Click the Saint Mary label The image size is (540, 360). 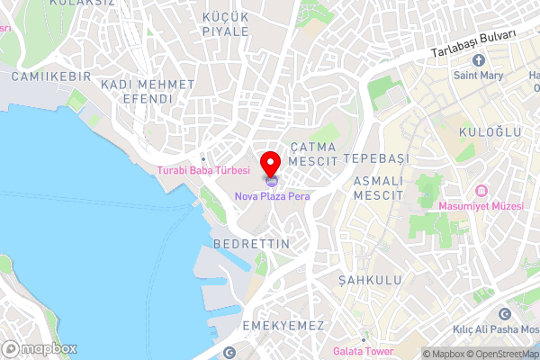[479, 76]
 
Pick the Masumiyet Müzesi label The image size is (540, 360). [481, 207]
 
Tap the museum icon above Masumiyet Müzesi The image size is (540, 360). [481, 192]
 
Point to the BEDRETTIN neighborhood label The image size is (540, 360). [252, 244]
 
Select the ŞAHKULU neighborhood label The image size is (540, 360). [370, 281]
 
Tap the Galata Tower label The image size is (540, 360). [363, 351]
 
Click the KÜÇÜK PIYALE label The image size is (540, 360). [226, 24]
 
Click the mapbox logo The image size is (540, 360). [40, 348]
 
